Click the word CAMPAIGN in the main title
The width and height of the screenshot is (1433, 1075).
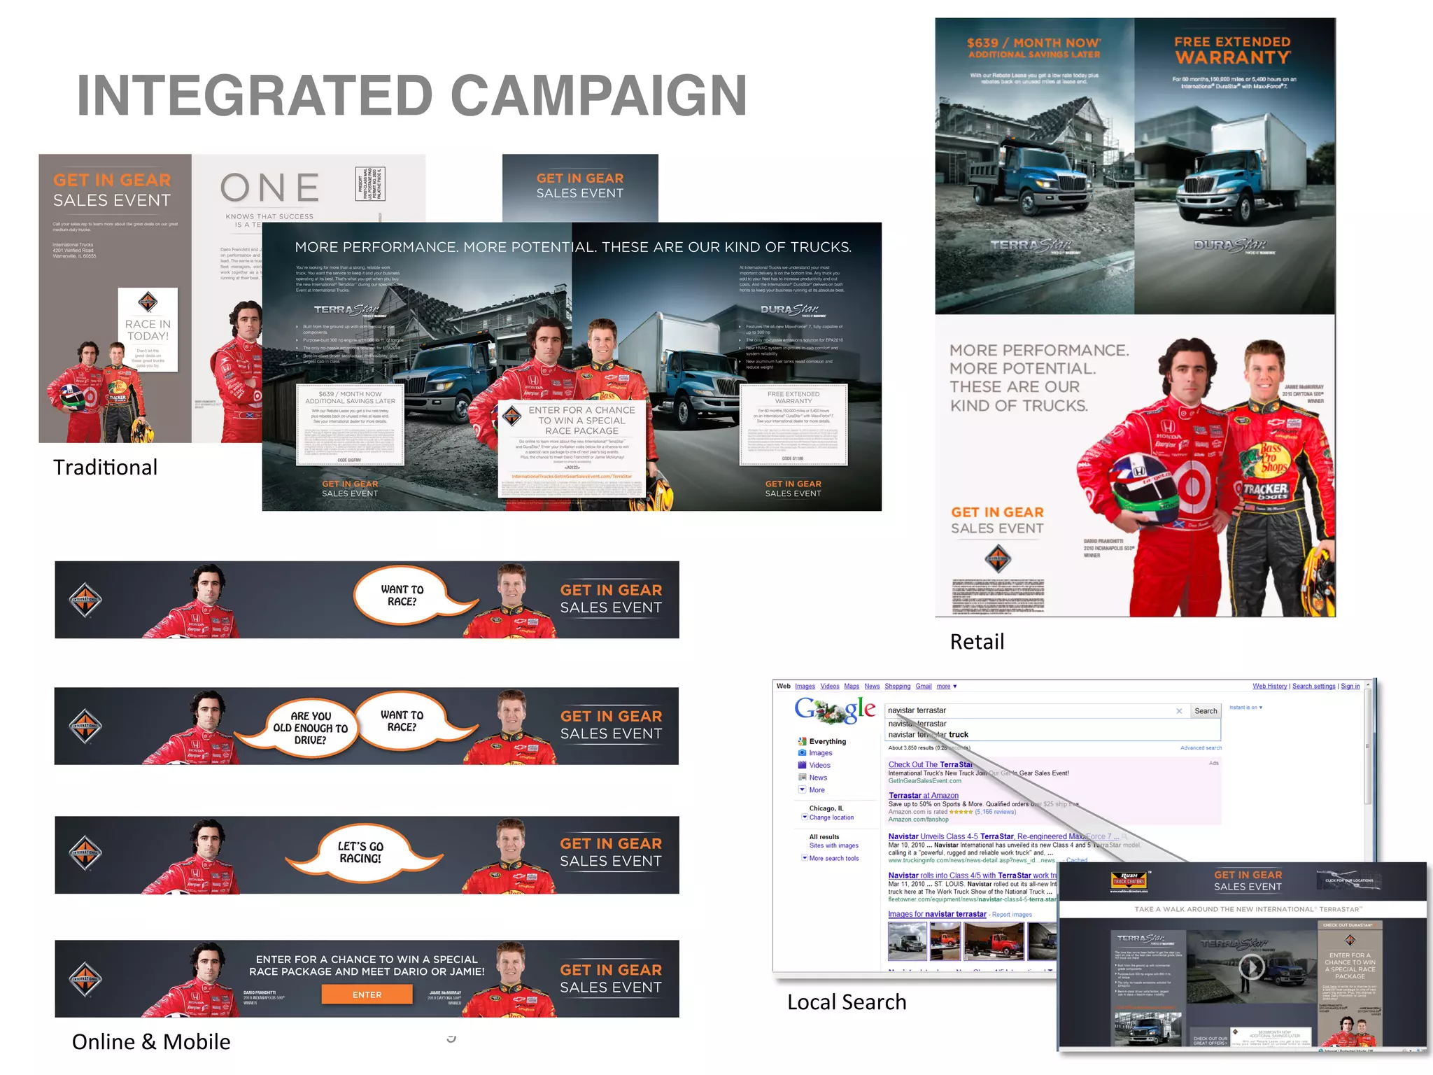599,96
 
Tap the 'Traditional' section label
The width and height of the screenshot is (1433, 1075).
106,468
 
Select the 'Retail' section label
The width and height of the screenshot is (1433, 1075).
977,642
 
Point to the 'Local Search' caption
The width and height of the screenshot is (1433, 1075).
847,1002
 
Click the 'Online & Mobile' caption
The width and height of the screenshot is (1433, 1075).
151,1042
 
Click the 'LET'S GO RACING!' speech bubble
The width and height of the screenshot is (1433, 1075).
361,852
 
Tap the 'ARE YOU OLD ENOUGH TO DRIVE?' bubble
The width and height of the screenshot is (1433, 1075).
310,728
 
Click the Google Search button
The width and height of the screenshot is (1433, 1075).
1205,711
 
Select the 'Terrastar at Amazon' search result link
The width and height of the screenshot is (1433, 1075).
923,796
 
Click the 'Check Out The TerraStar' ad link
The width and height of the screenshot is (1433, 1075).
930,765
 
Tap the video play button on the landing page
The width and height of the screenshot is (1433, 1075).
1251,967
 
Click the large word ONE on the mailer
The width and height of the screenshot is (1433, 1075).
270,188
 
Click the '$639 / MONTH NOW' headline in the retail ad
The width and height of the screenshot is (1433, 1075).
1033,43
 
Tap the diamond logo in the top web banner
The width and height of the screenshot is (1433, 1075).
85,600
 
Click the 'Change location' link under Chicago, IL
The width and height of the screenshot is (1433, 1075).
831,817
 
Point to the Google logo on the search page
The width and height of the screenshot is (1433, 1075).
835,710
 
